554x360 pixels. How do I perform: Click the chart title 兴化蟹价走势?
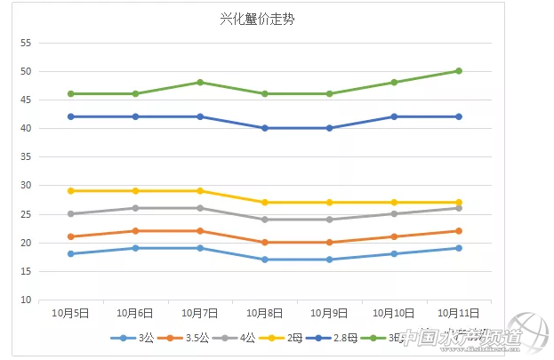coord(258,19)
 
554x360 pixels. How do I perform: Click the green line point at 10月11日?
coord(459,71)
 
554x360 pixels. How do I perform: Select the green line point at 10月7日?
coord(200,83)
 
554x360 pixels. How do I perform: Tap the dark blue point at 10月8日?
coord(265,128)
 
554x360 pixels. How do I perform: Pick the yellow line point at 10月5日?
coord(70,191)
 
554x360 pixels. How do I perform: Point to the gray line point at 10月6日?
coord(135,208)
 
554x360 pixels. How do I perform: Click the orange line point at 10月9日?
coord(329,243)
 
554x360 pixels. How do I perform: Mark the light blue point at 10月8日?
coord(265,260)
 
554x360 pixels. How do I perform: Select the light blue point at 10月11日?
coord(459,248)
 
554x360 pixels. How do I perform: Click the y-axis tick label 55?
coord(26,43)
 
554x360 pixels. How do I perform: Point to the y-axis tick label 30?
coord(26,186)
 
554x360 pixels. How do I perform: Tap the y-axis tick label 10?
coord(26,300)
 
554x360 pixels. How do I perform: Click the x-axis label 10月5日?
coord(70,313)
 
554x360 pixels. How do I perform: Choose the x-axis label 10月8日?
coord(265,313)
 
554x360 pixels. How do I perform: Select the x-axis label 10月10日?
coord(394,313)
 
